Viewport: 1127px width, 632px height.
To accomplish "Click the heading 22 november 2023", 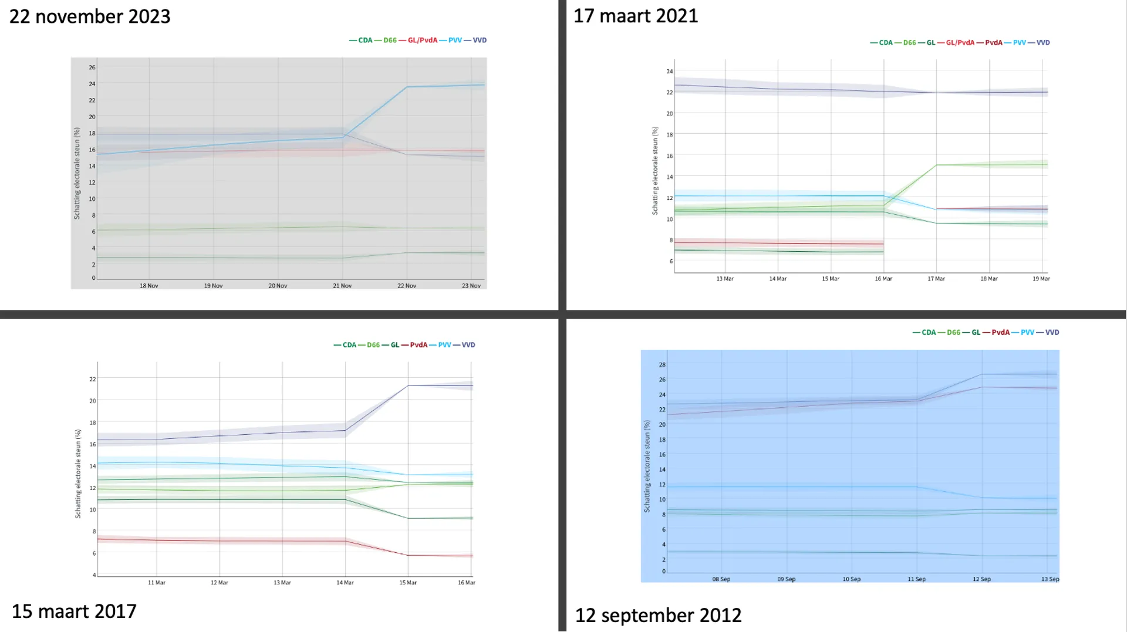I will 90,16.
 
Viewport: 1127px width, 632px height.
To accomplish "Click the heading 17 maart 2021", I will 636,16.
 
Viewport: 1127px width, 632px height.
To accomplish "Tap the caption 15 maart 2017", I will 74,611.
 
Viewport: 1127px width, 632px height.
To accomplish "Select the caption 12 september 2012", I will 658,615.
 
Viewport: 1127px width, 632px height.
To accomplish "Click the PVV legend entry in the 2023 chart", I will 454,40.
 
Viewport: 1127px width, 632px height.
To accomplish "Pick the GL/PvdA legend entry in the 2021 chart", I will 960,42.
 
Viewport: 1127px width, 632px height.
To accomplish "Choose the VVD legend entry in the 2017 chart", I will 468,344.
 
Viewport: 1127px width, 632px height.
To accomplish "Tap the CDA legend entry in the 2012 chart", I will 928,332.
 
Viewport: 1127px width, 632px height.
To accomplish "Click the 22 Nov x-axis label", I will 406,286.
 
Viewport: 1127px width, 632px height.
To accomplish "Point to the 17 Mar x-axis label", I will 936,279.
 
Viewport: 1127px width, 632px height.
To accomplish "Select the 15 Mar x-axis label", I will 407,583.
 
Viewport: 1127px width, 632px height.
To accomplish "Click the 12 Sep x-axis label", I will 981,579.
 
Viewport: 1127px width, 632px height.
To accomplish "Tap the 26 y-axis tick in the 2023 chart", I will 92,67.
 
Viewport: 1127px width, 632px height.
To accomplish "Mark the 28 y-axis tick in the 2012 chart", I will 662,365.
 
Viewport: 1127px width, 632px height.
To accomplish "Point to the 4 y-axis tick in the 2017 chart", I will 94,575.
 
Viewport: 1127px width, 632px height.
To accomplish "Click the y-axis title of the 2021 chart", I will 655,171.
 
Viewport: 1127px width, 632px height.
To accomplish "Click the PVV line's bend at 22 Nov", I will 407,87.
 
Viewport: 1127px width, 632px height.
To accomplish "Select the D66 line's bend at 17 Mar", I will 936,165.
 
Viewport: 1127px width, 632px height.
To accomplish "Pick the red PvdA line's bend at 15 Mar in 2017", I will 408,555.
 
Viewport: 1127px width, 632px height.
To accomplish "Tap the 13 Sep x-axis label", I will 1050,579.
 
